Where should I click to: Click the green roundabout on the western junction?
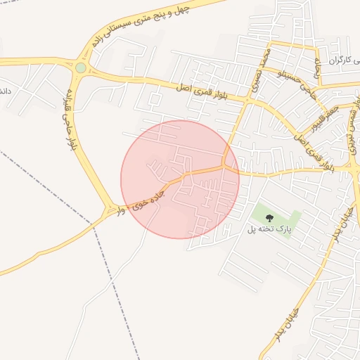(81, 68)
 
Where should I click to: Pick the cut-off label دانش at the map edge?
(4, 92)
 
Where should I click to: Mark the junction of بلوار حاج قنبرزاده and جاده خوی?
(110, 209)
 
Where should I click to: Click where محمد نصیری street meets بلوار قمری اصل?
(248, 100)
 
